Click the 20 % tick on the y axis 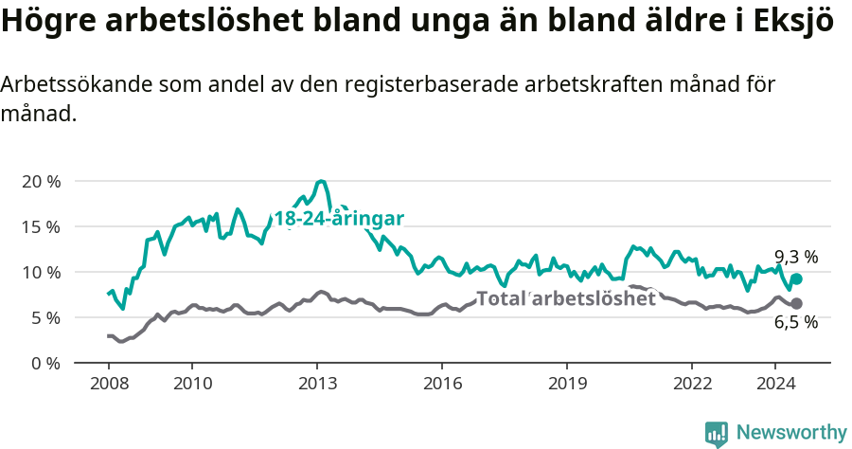pos(41,181)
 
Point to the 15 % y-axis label pos(41,226)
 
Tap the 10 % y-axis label pos(41,272)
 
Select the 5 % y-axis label pos(45,317)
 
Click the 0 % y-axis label pos(45,363)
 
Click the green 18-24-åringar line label pos(339,219)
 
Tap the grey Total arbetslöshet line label pos(566,298)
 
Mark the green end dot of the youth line pos(796,278)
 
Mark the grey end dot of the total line pos(796,303)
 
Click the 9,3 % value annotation pos(796,257)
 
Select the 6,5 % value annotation pos(796,323)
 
